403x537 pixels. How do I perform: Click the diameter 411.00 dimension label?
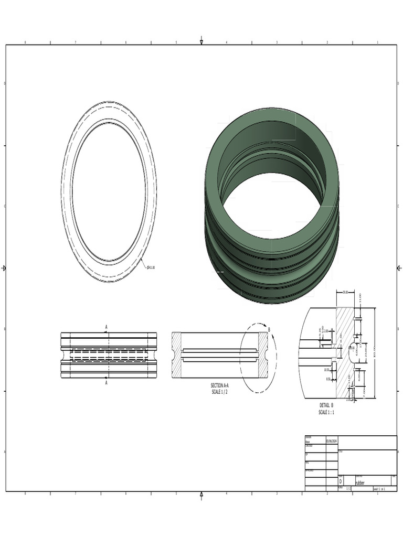pos(151,267)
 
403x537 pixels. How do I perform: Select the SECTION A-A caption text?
pos(220,385)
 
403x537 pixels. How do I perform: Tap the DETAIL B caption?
pos(326,405)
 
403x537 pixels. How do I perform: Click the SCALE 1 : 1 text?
pos(326,412)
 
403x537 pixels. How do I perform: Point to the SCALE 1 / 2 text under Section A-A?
pos(220,392)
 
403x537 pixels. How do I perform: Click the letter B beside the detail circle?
pos(269,330)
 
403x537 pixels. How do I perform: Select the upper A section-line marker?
pos(107,327)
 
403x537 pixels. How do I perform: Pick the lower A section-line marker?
pos(107,383)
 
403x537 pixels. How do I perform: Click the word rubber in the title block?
pos(360,482)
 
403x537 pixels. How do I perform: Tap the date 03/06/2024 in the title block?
pos(332,442)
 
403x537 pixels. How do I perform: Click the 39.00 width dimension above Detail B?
pos(345,292)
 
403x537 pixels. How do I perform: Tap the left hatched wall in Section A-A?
pos(176,355)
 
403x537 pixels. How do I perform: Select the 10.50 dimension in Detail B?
pos(327,370)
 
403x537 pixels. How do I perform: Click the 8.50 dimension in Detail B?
pos(328,379)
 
